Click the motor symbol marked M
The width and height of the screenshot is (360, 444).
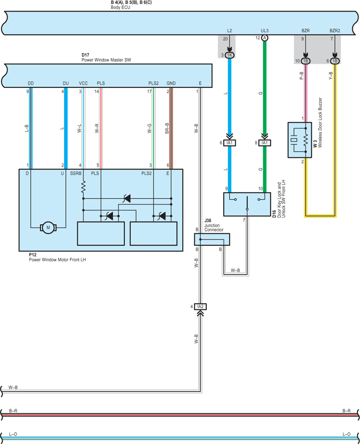[x=48, y=227]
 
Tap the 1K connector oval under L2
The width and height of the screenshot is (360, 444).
[x=229, y=55]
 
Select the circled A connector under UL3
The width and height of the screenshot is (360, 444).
[x=264, y=38]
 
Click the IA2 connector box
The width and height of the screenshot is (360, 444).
[x=200, y=306]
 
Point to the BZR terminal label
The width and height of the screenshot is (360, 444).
[x=305, y=31]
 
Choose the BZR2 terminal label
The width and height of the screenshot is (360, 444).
[x=335, y=31]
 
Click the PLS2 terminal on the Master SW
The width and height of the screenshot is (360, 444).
[x=154, y=83]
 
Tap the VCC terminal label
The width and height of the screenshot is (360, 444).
[x=83, y=83]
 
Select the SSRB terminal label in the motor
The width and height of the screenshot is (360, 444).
[x=76, y=173]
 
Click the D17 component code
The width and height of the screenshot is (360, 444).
[x=85, y=55]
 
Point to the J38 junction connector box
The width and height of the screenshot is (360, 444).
[x=212, y=239]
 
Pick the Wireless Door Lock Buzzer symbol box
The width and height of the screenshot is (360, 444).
[x=300, y=140]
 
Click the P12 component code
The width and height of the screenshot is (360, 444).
[x=32, y=254]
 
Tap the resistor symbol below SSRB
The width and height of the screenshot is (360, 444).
[x=83, y=187]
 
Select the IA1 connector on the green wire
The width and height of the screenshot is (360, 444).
[x=264, y=143]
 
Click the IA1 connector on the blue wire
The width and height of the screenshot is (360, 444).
[x=229, y=143]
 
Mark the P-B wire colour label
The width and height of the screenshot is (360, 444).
[x=301, y=76]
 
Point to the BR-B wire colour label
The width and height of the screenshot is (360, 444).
[x=167, y=128]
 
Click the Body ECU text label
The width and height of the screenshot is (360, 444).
[x=120, y=7]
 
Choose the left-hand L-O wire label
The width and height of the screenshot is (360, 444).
[x=13, y=434]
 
